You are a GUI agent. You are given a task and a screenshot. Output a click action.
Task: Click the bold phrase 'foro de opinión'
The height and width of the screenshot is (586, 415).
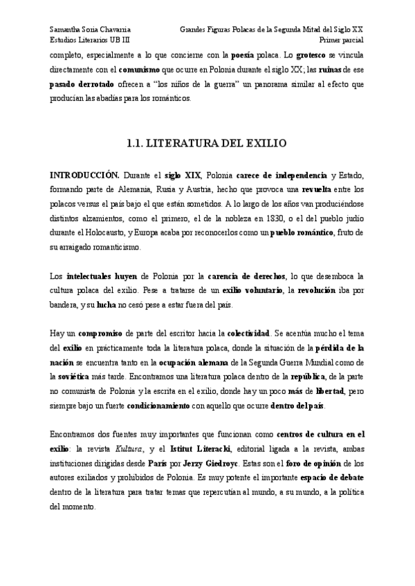(317, 463)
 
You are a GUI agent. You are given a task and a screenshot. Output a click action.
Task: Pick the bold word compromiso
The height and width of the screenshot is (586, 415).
(100, 333)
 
